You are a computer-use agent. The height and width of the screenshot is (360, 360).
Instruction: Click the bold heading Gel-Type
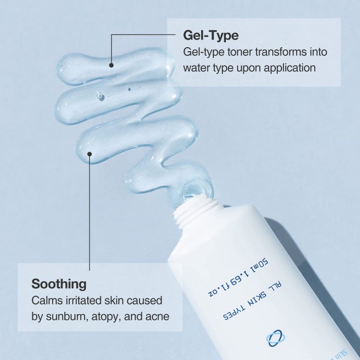(211, 35)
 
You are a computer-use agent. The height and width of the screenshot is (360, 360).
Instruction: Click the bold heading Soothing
(58, 284)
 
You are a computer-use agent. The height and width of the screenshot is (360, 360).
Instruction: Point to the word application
(290, 68)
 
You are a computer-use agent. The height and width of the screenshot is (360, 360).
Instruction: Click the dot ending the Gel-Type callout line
(111, 65)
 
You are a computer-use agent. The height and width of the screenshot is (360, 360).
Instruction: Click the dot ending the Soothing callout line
(90, 154)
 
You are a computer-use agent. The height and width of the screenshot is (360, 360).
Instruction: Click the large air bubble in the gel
(100, 96)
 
